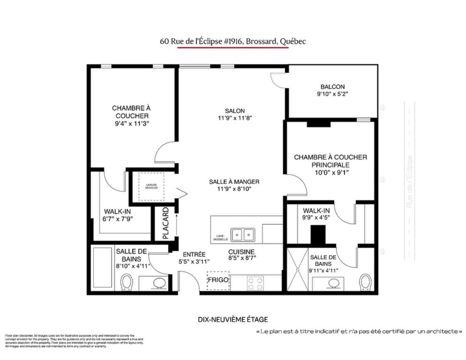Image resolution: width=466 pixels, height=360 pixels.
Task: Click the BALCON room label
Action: click(332, 87)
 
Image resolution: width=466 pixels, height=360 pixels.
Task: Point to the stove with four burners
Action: click(255, 282)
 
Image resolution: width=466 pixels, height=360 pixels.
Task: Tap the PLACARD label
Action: click(165, 224)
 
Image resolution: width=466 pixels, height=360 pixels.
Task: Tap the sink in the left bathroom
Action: click(159, 283)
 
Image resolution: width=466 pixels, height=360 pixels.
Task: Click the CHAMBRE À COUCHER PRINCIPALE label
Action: click(330, 161)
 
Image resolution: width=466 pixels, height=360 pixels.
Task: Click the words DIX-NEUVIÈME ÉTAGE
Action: click(232, 319)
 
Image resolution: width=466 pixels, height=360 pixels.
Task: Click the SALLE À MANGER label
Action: click(234, 181)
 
